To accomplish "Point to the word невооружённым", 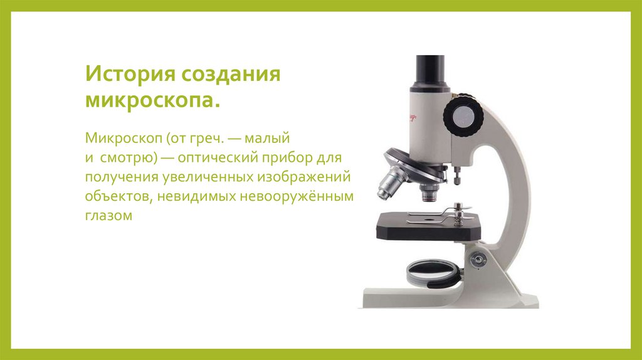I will pyautogui.click(x=295, y=196).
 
